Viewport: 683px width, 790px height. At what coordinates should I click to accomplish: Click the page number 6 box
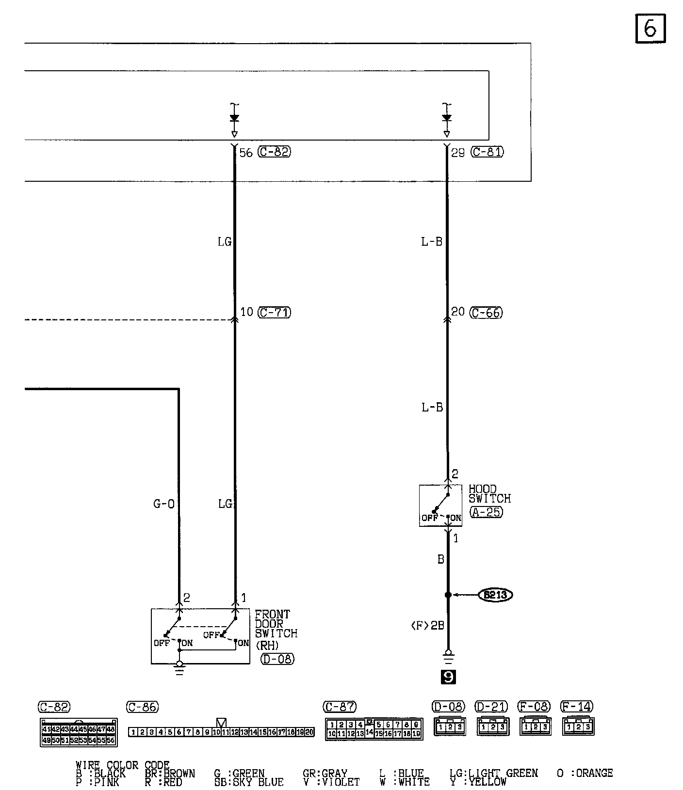(x=650, y=29)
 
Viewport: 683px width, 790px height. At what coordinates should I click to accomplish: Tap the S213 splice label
(x=495, y=595)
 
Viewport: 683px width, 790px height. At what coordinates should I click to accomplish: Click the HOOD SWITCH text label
(x=489, y=494)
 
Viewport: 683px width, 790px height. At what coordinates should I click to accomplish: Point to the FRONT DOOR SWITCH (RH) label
(x=276, y=629)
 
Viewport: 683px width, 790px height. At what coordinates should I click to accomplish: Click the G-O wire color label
(x=164, y=504)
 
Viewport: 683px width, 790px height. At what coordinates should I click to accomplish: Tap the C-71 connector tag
(x=274, y=313)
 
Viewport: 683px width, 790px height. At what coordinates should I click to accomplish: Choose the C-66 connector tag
(x=487, y=313)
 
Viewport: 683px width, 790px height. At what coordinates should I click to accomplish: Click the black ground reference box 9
(x=448, y=677)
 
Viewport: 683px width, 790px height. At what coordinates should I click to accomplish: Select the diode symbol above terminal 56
(x=234, y=118)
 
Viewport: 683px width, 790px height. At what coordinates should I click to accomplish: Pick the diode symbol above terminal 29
(x=447, y=118)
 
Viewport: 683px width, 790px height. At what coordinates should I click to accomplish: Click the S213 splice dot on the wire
(x=448, y=595)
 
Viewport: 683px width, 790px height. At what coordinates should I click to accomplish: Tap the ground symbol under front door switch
(x=179, y=669)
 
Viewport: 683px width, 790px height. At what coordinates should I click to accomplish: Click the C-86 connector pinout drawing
(x=221, y=732)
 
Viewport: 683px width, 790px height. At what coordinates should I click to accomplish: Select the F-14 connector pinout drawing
(x=578, y=727)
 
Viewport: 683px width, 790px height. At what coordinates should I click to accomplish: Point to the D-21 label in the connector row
(x=491, y=707)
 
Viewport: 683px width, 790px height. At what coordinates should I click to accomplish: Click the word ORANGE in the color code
(x=594, y=773)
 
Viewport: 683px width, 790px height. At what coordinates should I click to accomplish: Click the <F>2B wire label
(x=427, y=626)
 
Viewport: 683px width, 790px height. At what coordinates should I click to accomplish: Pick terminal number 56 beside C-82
(x=246, y=153)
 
